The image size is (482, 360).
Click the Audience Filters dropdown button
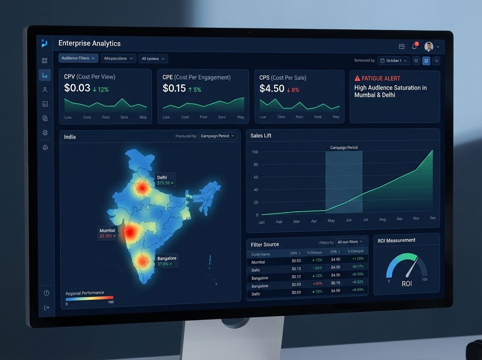[x=78, y=58]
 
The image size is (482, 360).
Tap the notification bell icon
[x=415, y=47]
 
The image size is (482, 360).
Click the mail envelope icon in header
[x=401, y=47]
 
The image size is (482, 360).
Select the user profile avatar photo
[x=429, y=47]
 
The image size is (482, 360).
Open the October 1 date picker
[x=394, y=61]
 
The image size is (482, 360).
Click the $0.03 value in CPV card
[x=77, y=88]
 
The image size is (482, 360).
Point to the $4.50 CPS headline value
[x=272, y=89]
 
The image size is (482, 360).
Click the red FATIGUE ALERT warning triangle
[x=357, y=78]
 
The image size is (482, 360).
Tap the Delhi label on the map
[x=162, y=177]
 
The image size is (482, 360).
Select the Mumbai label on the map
[x=107, y=230]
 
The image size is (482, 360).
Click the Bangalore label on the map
[x=167, y=258]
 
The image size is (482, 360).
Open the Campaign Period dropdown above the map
[x=218, y=136]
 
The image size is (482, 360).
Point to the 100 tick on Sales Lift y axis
[x=255, y=152]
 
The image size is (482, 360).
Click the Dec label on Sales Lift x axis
[x=433, y=218]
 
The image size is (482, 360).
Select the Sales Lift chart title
[x=261, y=136]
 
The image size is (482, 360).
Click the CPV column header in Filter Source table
[x=294, y=253]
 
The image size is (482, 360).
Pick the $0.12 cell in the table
[x=296, y=276]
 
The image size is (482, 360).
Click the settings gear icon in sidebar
[x=45, y=147]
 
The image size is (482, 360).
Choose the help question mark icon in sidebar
[x=47, y=293]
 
